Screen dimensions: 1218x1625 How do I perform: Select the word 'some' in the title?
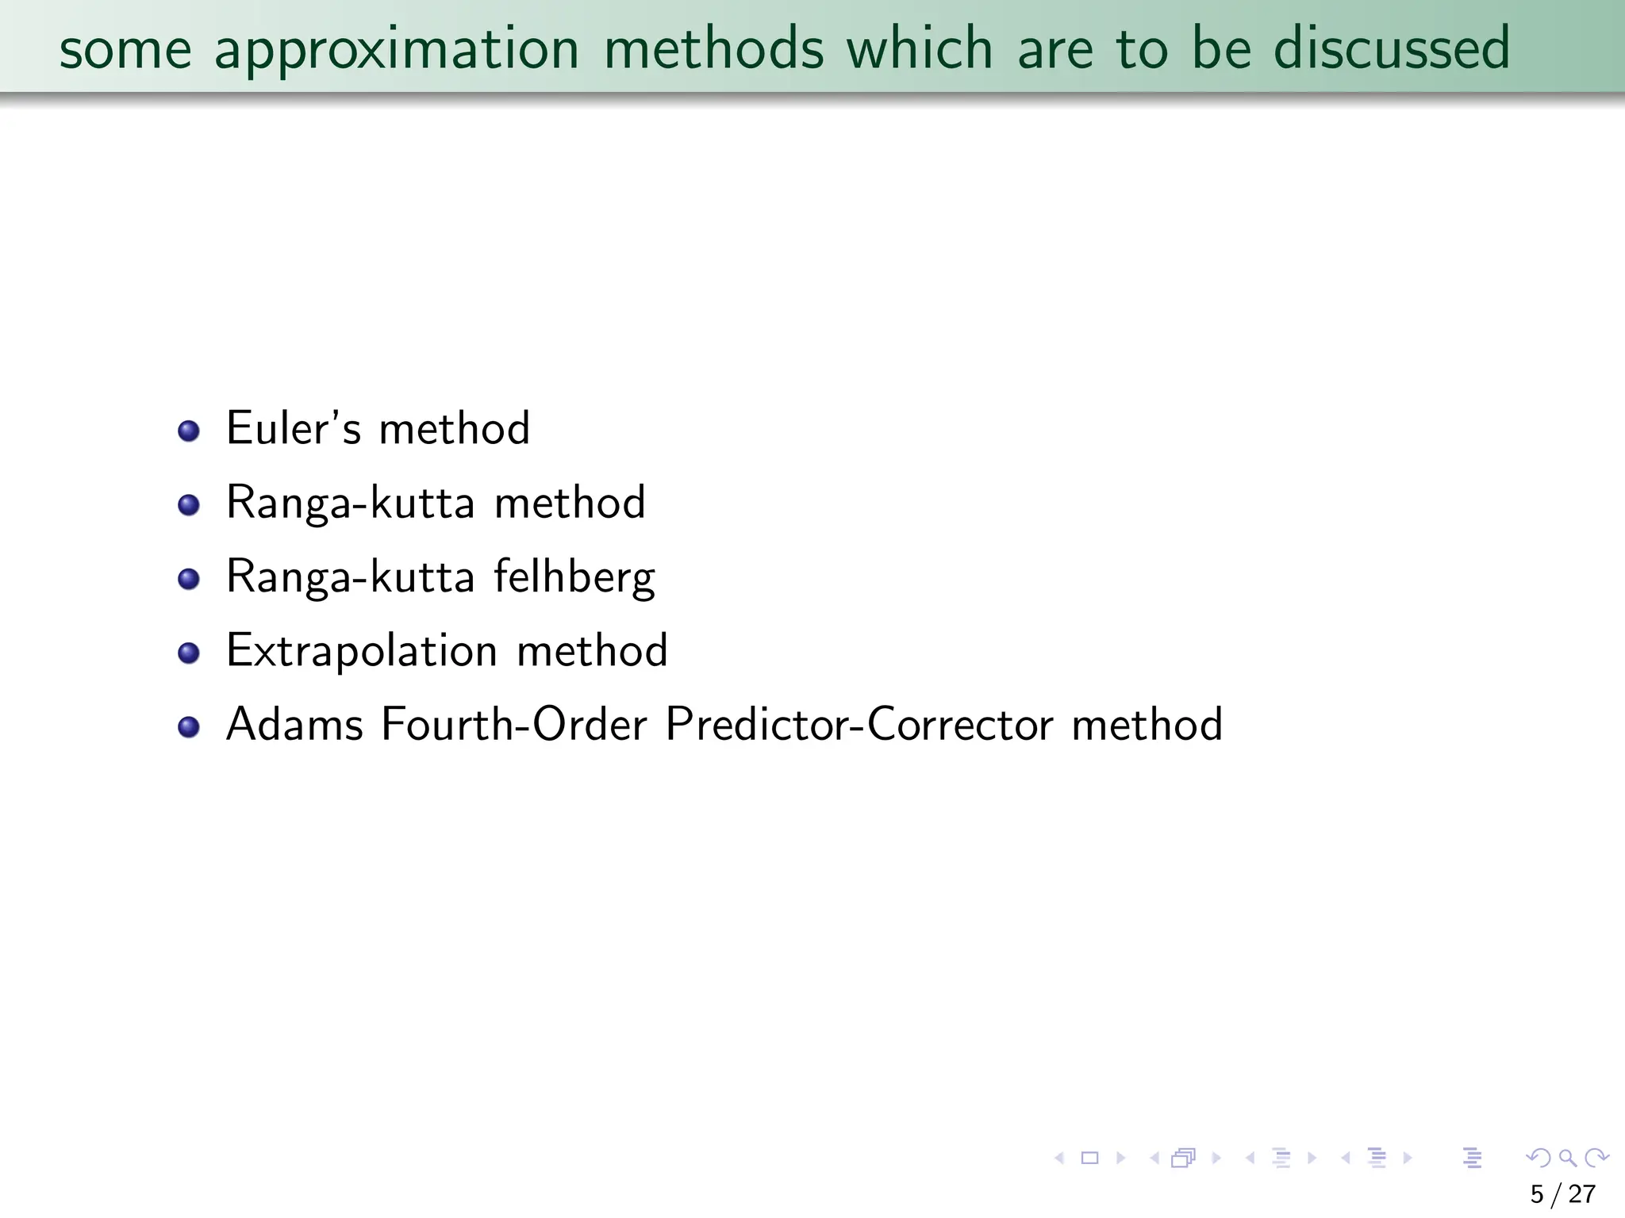point(125,49)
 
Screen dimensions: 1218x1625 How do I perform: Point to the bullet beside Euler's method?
point(189,431)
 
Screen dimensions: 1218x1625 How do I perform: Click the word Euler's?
point(294,428)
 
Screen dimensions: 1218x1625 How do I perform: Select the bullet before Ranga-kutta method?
point(189,505)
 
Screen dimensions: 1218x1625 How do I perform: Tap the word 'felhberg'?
point(574,577)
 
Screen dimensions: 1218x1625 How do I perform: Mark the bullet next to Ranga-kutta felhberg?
point(189,579)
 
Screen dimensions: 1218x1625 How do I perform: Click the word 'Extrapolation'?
point(361,652)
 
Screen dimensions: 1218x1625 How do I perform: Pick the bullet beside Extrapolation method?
point(189,653)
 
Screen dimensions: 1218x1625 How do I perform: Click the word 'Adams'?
point(294,724)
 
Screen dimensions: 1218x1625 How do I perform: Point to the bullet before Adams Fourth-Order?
point(189,726)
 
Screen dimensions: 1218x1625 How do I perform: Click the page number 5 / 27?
point(1562,1194)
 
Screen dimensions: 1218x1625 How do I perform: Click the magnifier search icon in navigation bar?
point(1568,1159)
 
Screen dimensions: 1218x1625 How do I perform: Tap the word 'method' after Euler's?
point(454,428)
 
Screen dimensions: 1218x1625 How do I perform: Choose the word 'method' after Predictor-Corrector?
point(1147,724)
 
